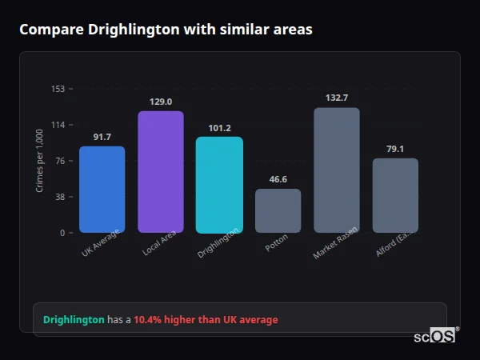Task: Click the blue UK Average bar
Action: pos(102,190)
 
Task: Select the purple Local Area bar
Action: pos(160,172)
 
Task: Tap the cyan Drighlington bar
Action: pos(219,185)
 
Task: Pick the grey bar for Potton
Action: pos(278,211)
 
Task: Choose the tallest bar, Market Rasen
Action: pos(337,170)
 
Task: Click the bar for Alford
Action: pos(395,195)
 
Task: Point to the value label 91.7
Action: pos(102,138)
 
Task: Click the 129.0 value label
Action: pos(160,102)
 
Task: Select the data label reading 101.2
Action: pos(219,128)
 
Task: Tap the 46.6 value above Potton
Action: pos(278,180)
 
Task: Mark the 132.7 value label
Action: pos(337,98)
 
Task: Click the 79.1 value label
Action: pos(395,149)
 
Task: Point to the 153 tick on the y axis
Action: pos(58,89)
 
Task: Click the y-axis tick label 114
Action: pos(58,125)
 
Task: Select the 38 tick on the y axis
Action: pos(60,197)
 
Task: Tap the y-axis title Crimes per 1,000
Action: pos(39,161)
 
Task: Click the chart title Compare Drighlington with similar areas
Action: pos(166,30)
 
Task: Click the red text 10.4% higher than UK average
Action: pos(206,320)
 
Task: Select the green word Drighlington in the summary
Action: pos(74,320)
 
